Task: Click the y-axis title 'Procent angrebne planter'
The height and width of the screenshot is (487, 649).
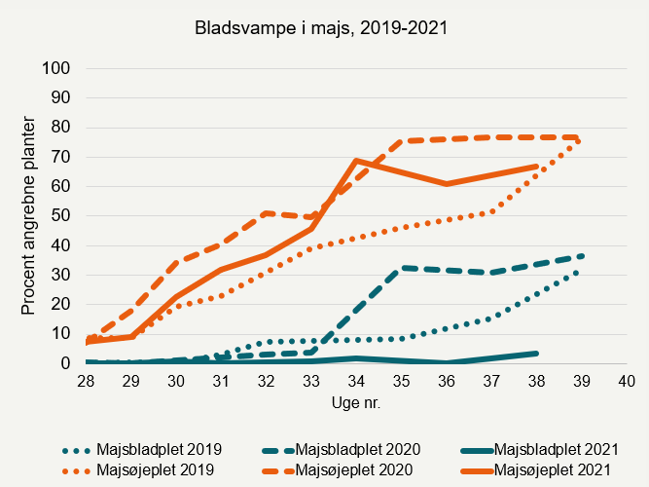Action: point(28,216)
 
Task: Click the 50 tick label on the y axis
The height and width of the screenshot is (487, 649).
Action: point(62,215)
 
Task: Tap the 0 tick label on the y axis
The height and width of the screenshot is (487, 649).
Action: point(66,363)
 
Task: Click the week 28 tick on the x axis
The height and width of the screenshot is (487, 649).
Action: point(87,382)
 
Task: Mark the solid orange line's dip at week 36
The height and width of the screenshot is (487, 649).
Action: point(446,183)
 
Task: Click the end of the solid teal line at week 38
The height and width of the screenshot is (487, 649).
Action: point(536,353)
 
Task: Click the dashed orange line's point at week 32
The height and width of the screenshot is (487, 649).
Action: point(267,212)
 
